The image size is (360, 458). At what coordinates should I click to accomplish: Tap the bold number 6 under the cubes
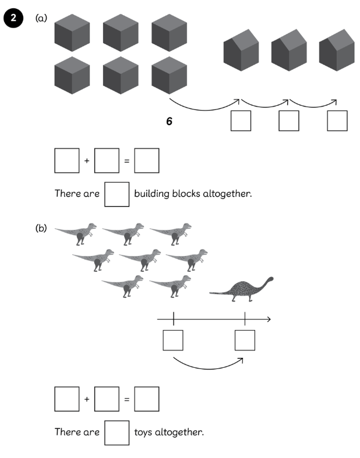(x=169, y=122)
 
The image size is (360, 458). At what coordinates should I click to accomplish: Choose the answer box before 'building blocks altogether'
(x=117, y=194)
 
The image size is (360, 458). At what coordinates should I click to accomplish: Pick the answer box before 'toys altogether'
(x=117, y=432)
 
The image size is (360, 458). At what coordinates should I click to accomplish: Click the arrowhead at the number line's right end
(x=269, y=319)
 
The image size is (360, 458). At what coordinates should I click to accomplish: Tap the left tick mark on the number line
(x=174, y=319)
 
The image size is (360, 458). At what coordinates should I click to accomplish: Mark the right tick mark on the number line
(x=245, y=319)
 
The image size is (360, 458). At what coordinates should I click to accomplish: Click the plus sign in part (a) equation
(x=87, y=161)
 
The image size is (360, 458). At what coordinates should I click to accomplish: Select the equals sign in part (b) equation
(x=126, y=400)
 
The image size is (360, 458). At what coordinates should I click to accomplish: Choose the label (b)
(x=41, y=229)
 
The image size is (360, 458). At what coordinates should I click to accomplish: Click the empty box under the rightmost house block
(x=337, y=120)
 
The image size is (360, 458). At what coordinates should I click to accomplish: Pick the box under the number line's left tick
(x=173, y=340)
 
